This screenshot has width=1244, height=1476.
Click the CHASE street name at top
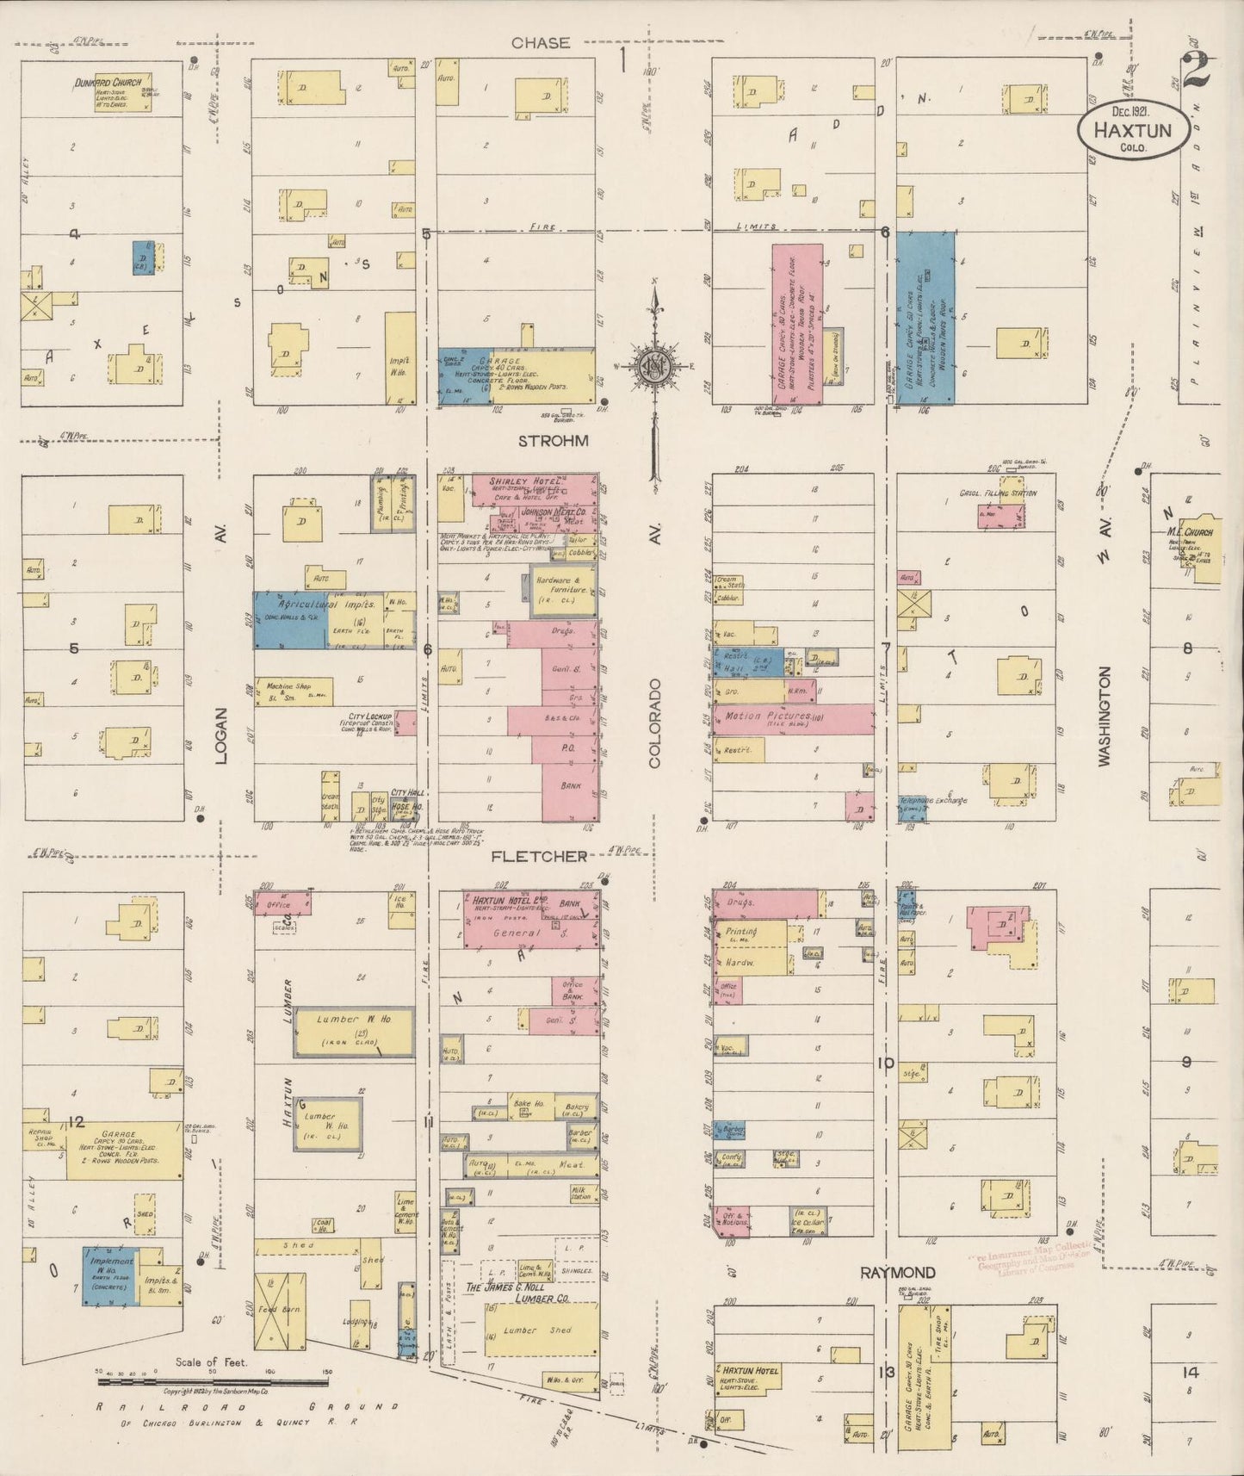pos(540,43)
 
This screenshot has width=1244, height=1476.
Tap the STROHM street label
pos(554,441)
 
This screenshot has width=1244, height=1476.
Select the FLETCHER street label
pos(539,857)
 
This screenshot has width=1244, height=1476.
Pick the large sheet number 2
pos(1198,71)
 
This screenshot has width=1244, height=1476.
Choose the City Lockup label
pos(370,716)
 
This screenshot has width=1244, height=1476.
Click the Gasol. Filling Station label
pos(998,493)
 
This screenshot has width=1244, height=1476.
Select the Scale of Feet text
pos(211,1362)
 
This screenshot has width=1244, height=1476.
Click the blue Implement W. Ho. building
pos(110,1276)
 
